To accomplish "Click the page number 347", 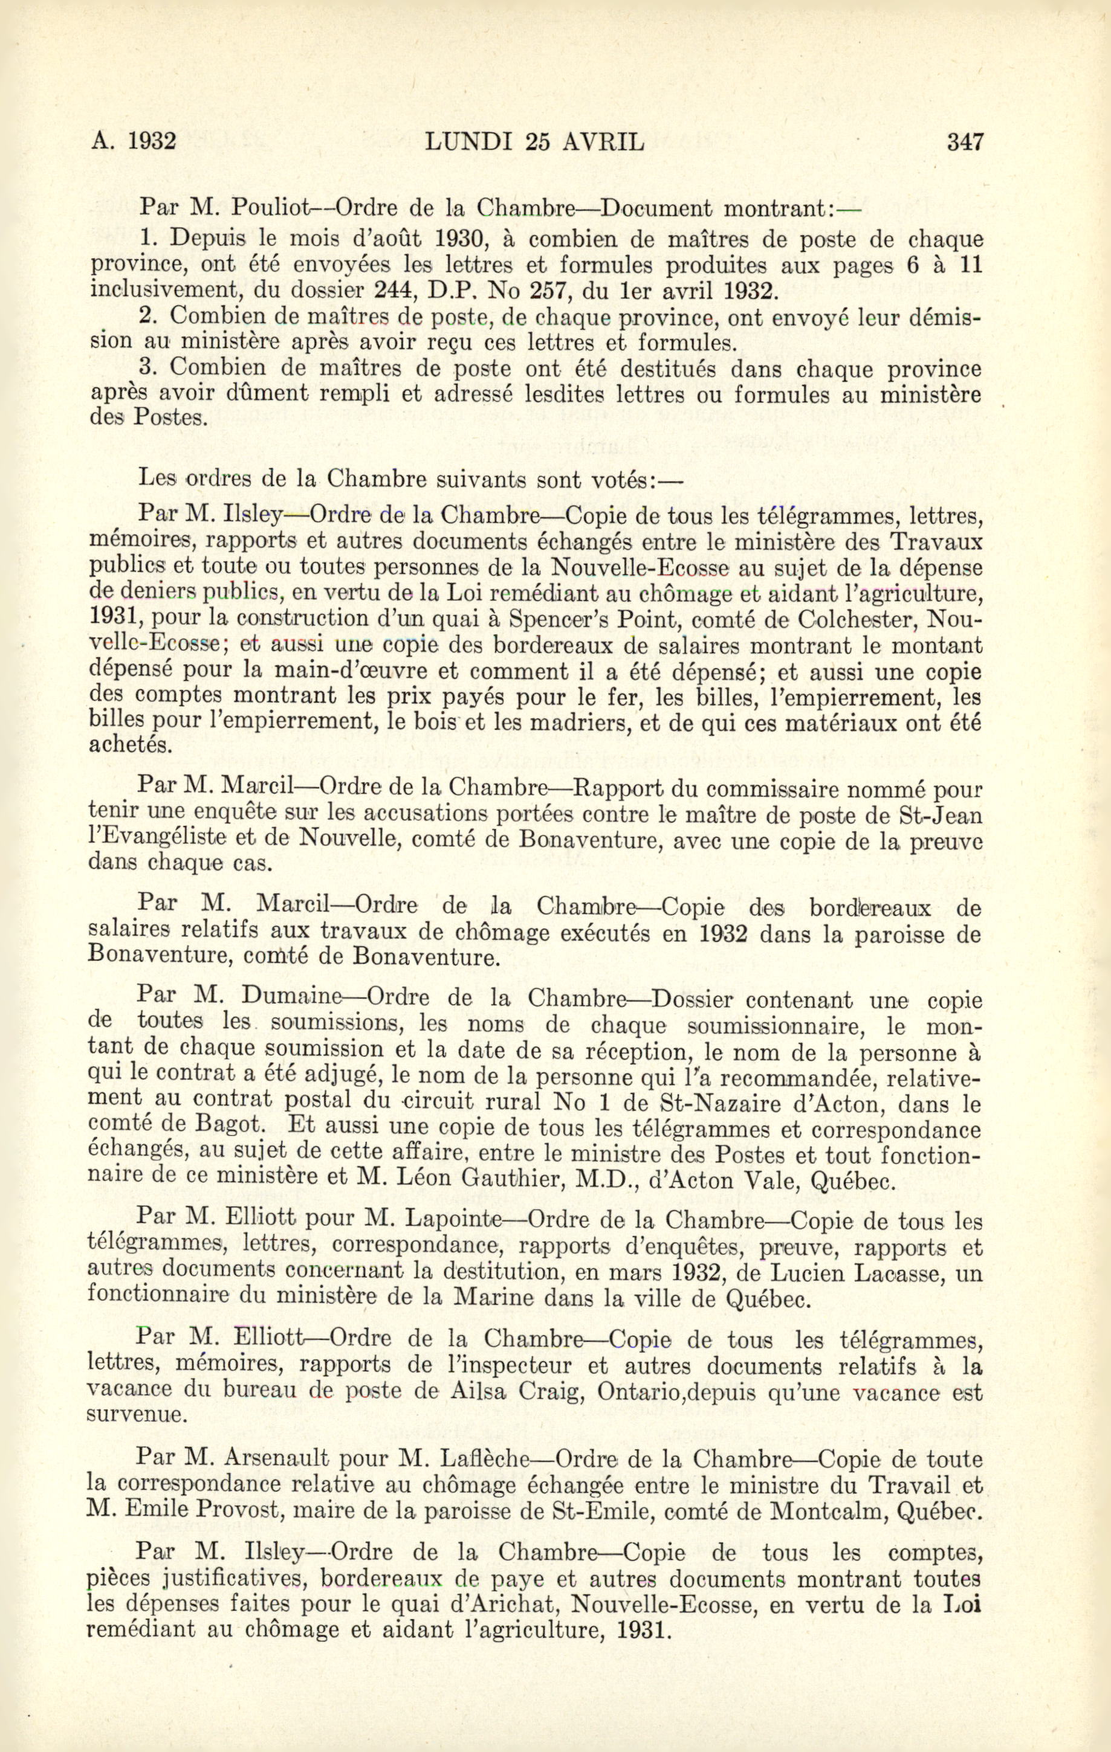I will click(x=965, y=140).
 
